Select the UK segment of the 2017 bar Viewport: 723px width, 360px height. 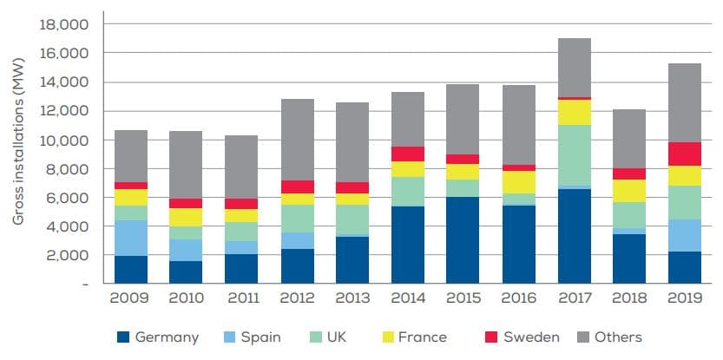point(575,155)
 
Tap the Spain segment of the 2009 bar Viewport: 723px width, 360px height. point(130,238)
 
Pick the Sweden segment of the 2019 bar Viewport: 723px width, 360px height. point(685,154)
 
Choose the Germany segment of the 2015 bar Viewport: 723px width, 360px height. point(463,240)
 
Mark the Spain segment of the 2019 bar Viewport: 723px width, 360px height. point(685,235)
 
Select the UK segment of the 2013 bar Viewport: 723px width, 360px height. point(352,219)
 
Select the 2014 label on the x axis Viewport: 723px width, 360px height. point(408,299)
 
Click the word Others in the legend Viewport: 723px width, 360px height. point(618,337)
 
